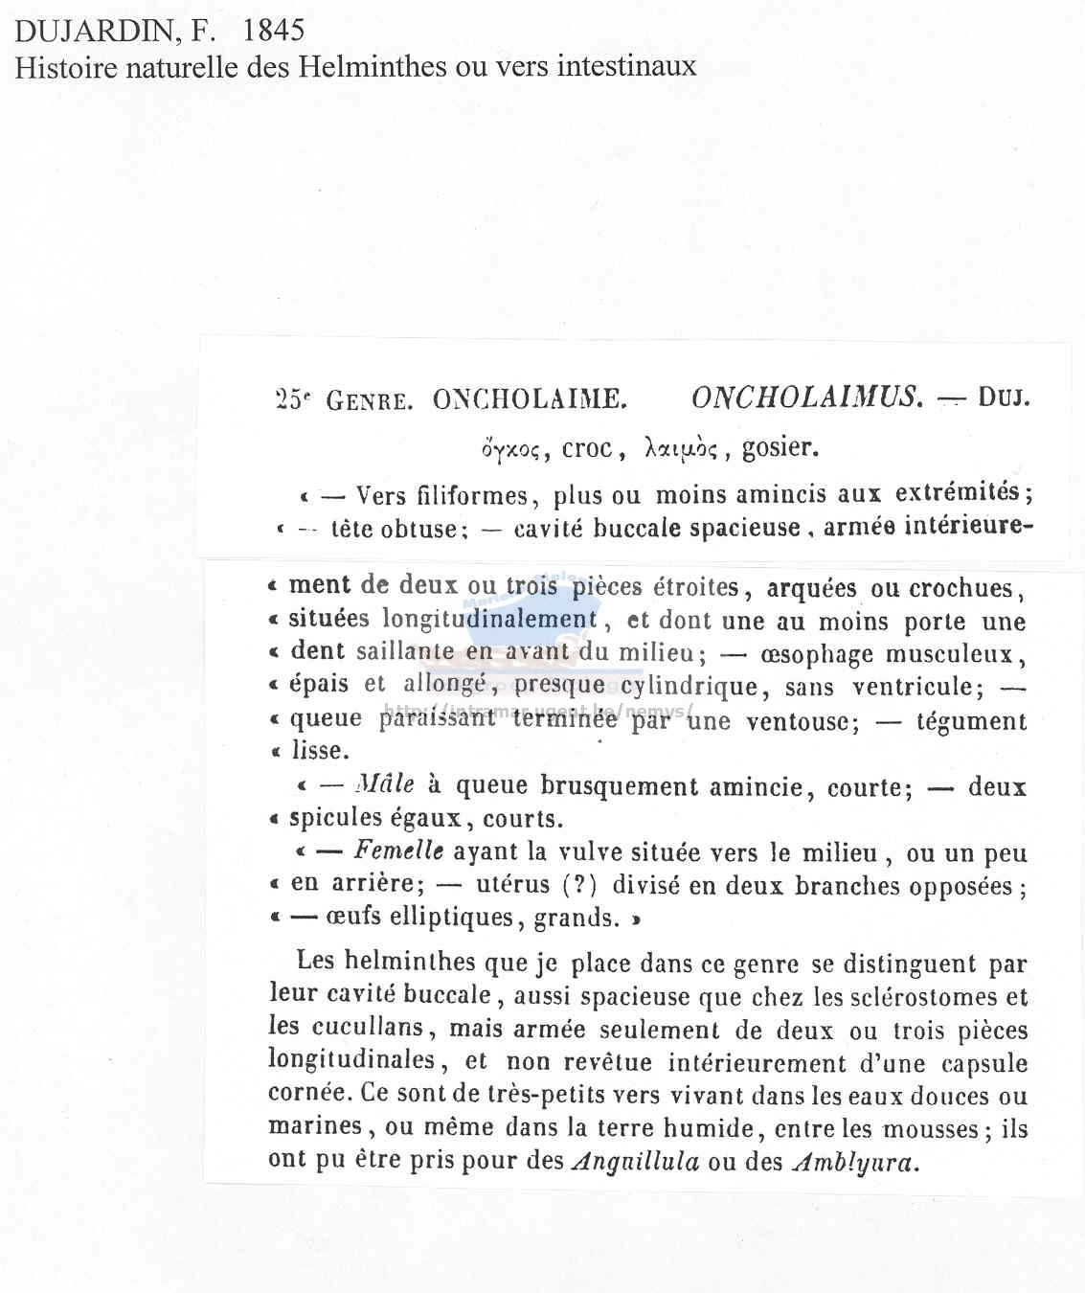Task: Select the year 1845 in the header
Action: coord(273,31)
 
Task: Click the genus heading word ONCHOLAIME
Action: coord(530,398)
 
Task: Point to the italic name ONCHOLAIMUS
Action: coord(807,397)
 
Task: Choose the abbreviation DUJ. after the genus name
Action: coord(1004,397)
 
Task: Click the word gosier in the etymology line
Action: coord(780,447)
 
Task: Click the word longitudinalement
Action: coord(490,619)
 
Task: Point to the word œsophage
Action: coord(816,654)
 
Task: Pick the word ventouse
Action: coord(802,720)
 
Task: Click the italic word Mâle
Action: coord(385,785)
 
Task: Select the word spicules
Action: coord(335,818)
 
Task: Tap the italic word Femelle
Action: coord(398,851)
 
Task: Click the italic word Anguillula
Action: coord(636,1161)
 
